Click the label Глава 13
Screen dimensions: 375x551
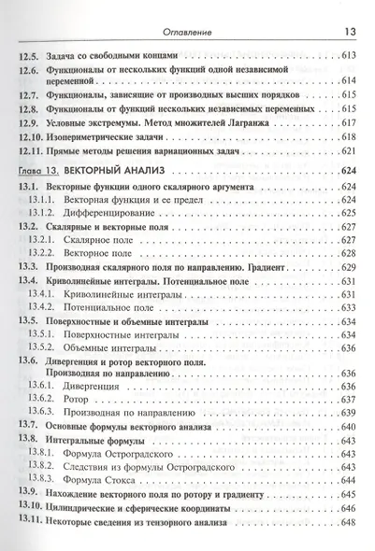point(36,170)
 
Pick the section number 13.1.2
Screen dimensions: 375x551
point(41,212)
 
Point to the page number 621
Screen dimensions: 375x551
point(347,150)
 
